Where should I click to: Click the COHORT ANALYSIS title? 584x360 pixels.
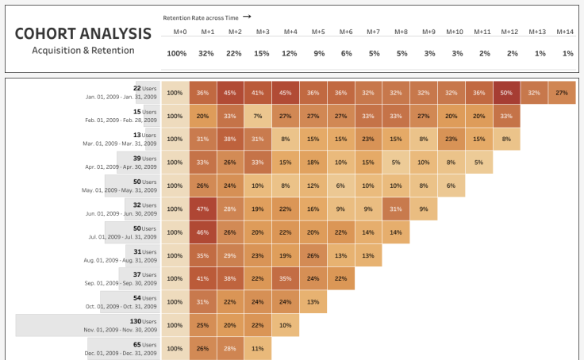83,33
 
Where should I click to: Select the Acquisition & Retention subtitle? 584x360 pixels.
83,50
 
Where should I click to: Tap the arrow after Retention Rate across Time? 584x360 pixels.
247,16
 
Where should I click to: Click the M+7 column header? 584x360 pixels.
373,32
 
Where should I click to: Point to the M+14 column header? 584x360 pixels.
565,32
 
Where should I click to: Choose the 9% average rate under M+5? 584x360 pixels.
317,53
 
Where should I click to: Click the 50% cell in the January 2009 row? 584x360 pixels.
506,93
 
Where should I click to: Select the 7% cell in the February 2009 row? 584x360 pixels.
258,116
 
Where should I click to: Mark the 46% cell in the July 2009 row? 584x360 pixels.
202,232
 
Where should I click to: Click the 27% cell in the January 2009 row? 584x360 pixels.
562,93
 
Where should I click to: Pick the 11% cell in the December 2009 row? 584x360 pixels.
258,348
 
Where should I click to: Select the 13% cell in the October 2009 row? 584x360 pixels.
313,301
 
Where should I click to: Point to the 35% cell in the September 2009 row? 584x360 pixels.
286,278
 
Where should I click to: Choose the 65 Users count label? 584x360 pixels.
144,344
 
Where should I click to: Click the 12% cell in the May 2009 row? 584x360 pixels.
313,186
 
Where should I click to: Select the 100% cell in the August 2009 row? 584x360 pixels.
175,255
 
